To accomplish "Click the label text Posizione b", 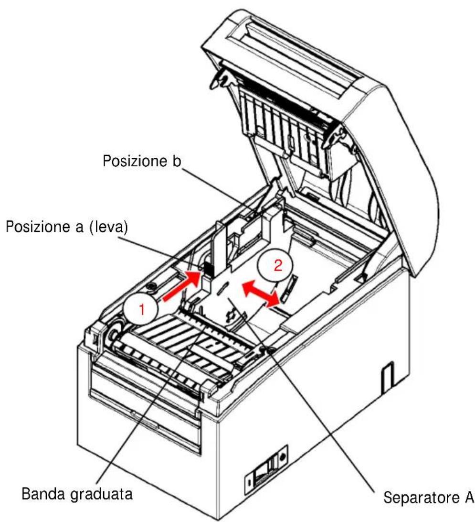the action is pyautogui.click(x=142, y=161).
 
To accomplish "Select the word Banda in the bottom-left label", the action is pyautogui.click(x=43, y=493).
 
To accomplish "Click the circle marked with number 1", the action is pyautogui.click(x=142, y=309).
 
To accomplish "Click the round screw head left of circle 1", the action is pyautogui.click(x=152, y=286).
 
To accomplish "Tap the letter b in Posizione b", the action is pyautogui.click(x=177, y=161).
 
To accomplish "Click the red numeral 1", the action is pyautogui.click(x=142, y=310).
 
